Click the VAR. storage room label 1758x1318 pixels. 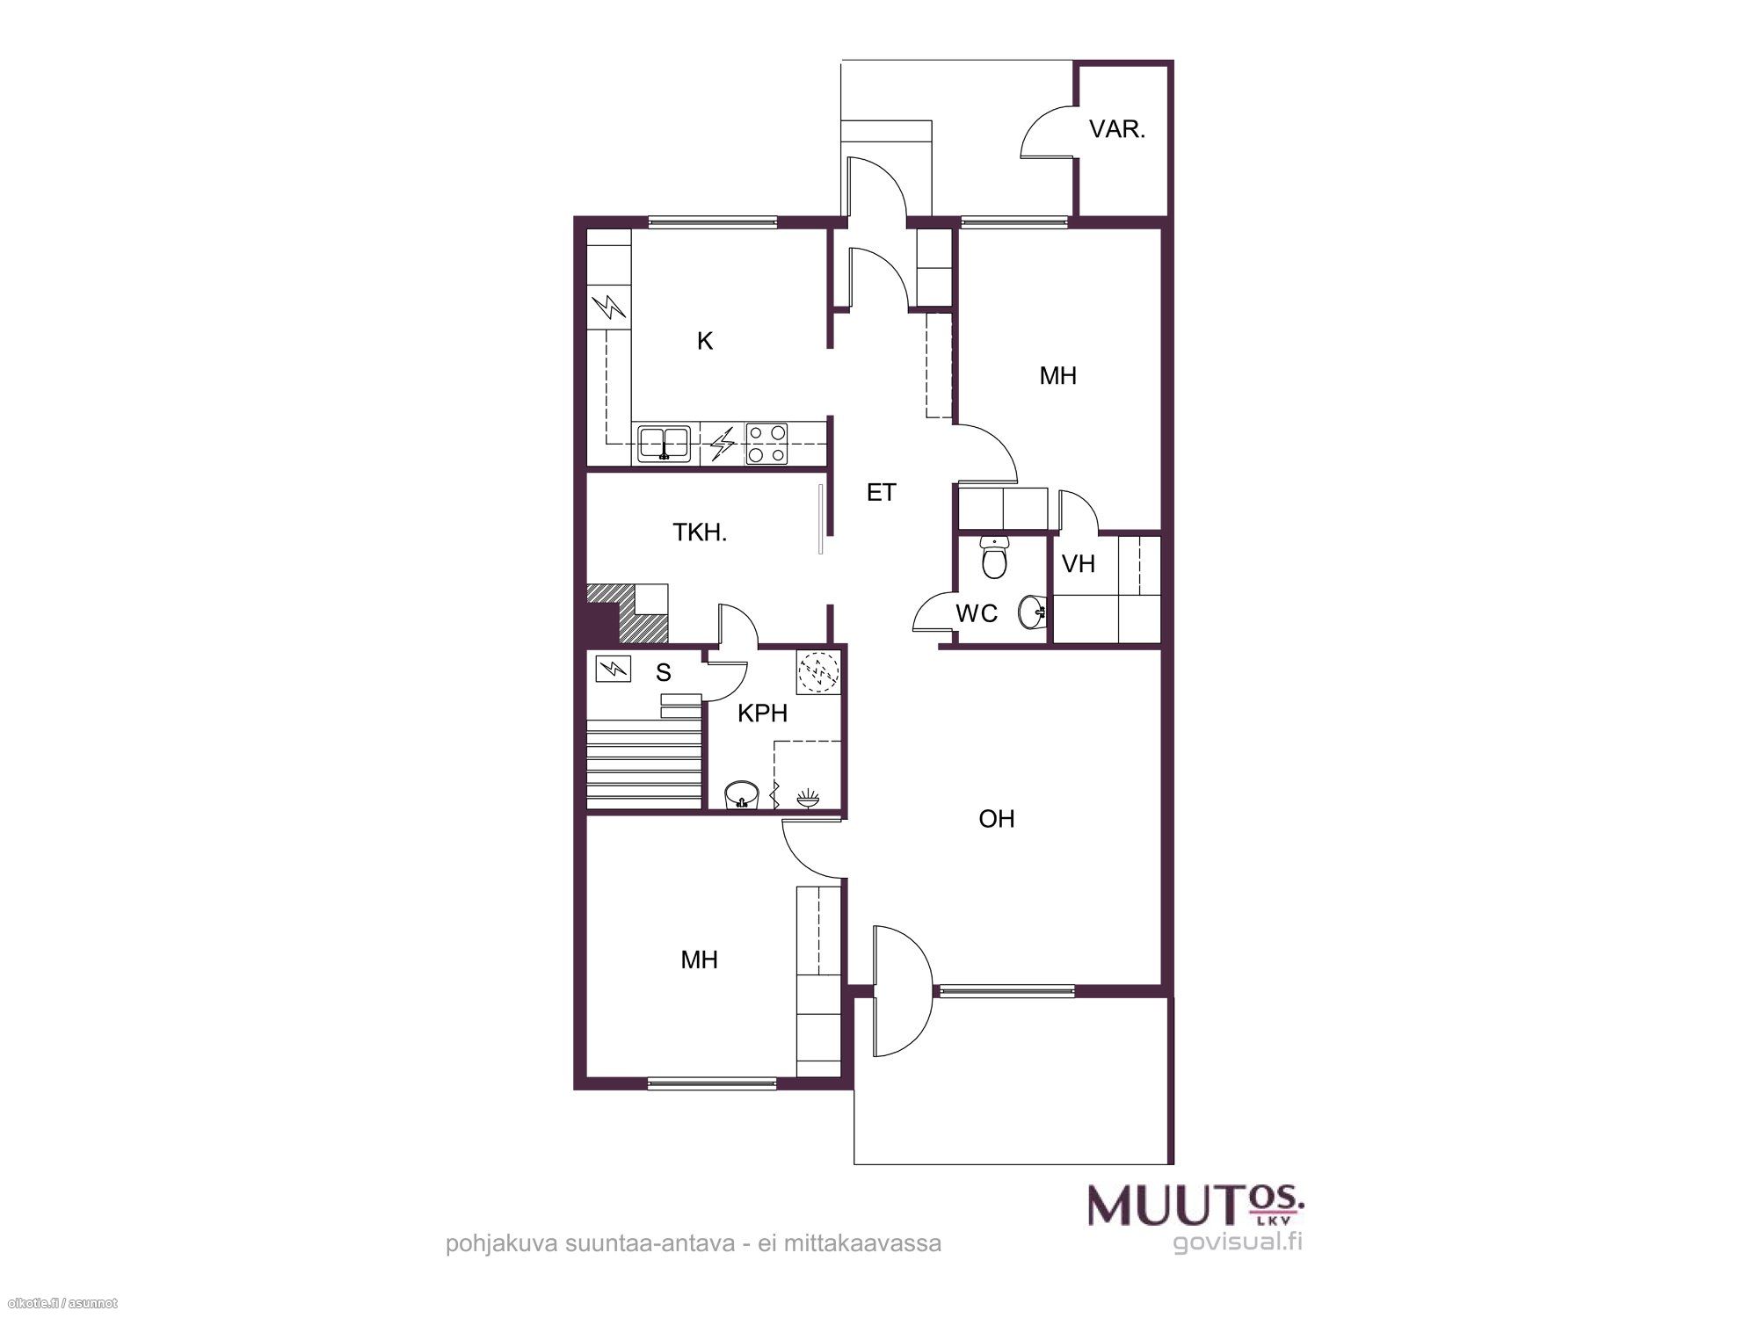pos(1117,130)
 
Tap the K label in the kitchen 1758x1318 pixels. pos(705,341)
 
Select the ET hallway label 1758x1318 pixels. pos(881,493)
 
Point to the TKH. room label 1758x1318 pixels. pos(700,532)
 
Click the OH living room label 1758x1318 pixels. pos(997,819)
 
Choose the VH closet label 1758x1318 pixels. pos(1079,564)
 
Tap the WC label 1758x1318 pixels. pos(977,613)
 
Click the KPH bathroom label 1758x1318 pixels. pos(762,713)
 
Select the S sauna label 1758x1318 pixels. pos(664,673)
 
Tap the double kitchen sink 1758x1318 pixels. pos(664,443)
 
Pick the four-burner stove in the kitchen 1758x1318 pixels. pos(766,444)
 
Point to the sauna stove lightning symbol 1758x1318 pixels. pos(613,670)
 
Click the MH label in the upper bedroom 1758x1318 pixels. pos(1057,376)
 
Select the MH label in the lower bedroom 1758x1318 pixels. pos(700,960)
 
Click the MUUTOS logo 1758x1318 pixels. pos(1196,1205)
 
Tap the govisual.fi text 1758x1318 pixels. pos(1238,1242)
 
